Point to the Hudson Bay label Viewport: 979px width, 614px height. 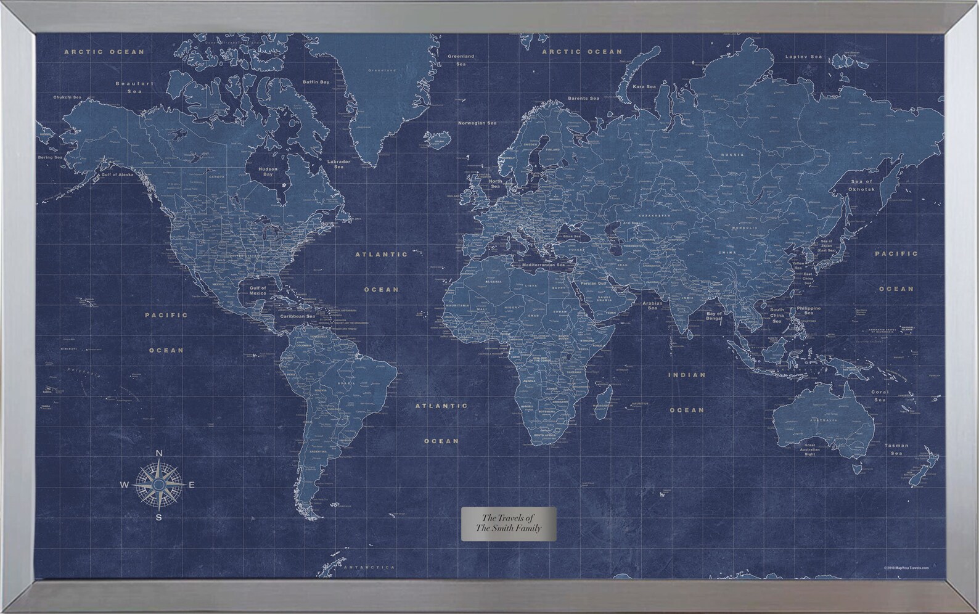pos(268,171)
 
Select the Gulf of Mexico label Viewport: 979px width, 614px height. pos(258,290)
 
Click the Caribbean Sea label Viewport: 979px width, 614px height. pos(298,316)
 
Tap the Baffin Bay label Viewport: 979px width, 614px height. pos(316,81)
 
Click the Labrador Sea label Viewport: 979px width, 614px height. pos(338,164)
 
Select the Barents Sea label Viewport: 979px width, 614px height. pos(583,99)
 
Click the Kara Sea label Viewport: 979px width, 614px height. pos(644,87)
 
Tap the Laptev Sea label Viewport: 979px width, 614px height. pos(804,57)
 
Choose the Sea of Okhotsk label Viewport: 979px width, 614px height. pos(862,184)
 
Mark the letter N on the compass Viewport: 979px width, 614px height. pos(158,454)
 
